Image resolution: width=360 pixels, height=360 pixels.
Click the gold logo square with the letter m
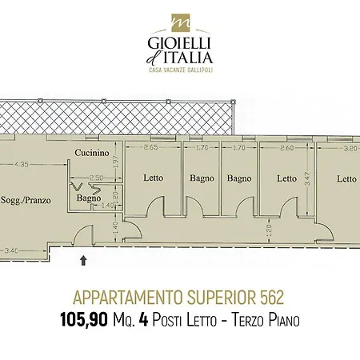tap(180, 22)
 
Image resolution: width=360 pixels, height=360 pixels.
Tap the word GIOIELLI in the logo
tap(179, 43)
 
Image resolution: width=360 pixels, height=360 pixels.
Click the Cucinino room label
tap(92, 153)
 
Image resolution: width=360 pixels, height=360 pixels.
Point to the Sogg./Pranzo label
tap(26, 200)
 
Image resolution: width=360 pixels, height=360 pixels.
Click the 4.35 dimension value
tap(22, 164)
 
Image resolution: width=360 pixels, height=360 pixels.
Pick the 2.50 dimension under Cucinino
tap(96, 178)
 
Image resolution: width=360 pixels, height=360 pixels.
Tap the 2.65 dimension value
tap(150, 147)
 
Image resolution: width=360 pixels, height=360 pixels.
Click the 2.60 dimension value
tap(286, 147)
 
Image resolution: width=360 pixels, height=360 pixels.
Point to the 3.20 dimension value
tap(350, 148)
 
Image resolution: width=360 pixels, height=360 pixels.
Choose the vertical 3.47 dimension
tap(307, 179)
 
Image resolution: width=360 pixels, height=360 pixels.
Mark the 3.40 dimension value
tap(11, 250)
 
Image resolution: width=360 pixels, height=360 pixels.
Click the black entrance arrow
tap(83, 260)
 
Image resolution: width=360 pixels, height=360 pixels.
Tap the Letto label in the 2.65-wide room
tap(153, 178)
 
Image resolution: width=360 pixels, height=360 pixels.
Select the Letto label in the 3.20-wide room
tap(346, 178)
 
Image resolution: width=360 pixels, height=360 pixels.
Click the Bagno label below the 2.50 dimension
tap(89, 198)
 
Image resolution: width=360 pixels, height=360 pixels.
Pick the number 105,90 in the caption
tap(84, 320)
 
